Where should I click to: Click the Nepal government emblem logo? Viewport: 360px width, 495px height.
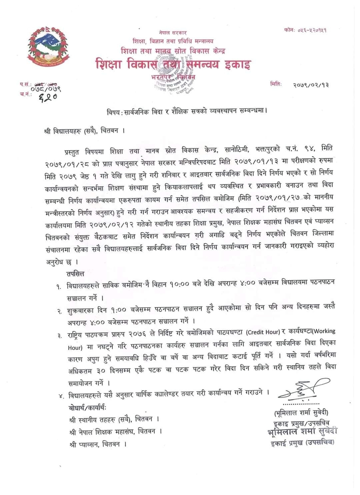(48, 47)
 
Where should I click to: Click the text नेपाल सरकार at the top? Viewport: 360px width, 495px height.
(173, 32)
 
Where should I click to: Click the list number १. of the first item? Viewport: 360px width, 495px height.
(59, 286)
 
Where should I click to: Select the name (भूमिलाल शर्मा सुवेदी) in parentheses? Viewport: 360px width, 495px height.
(302, 412)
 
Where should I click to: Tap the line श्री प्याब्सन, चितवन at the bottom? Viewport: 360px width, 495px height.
(97, 444)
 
